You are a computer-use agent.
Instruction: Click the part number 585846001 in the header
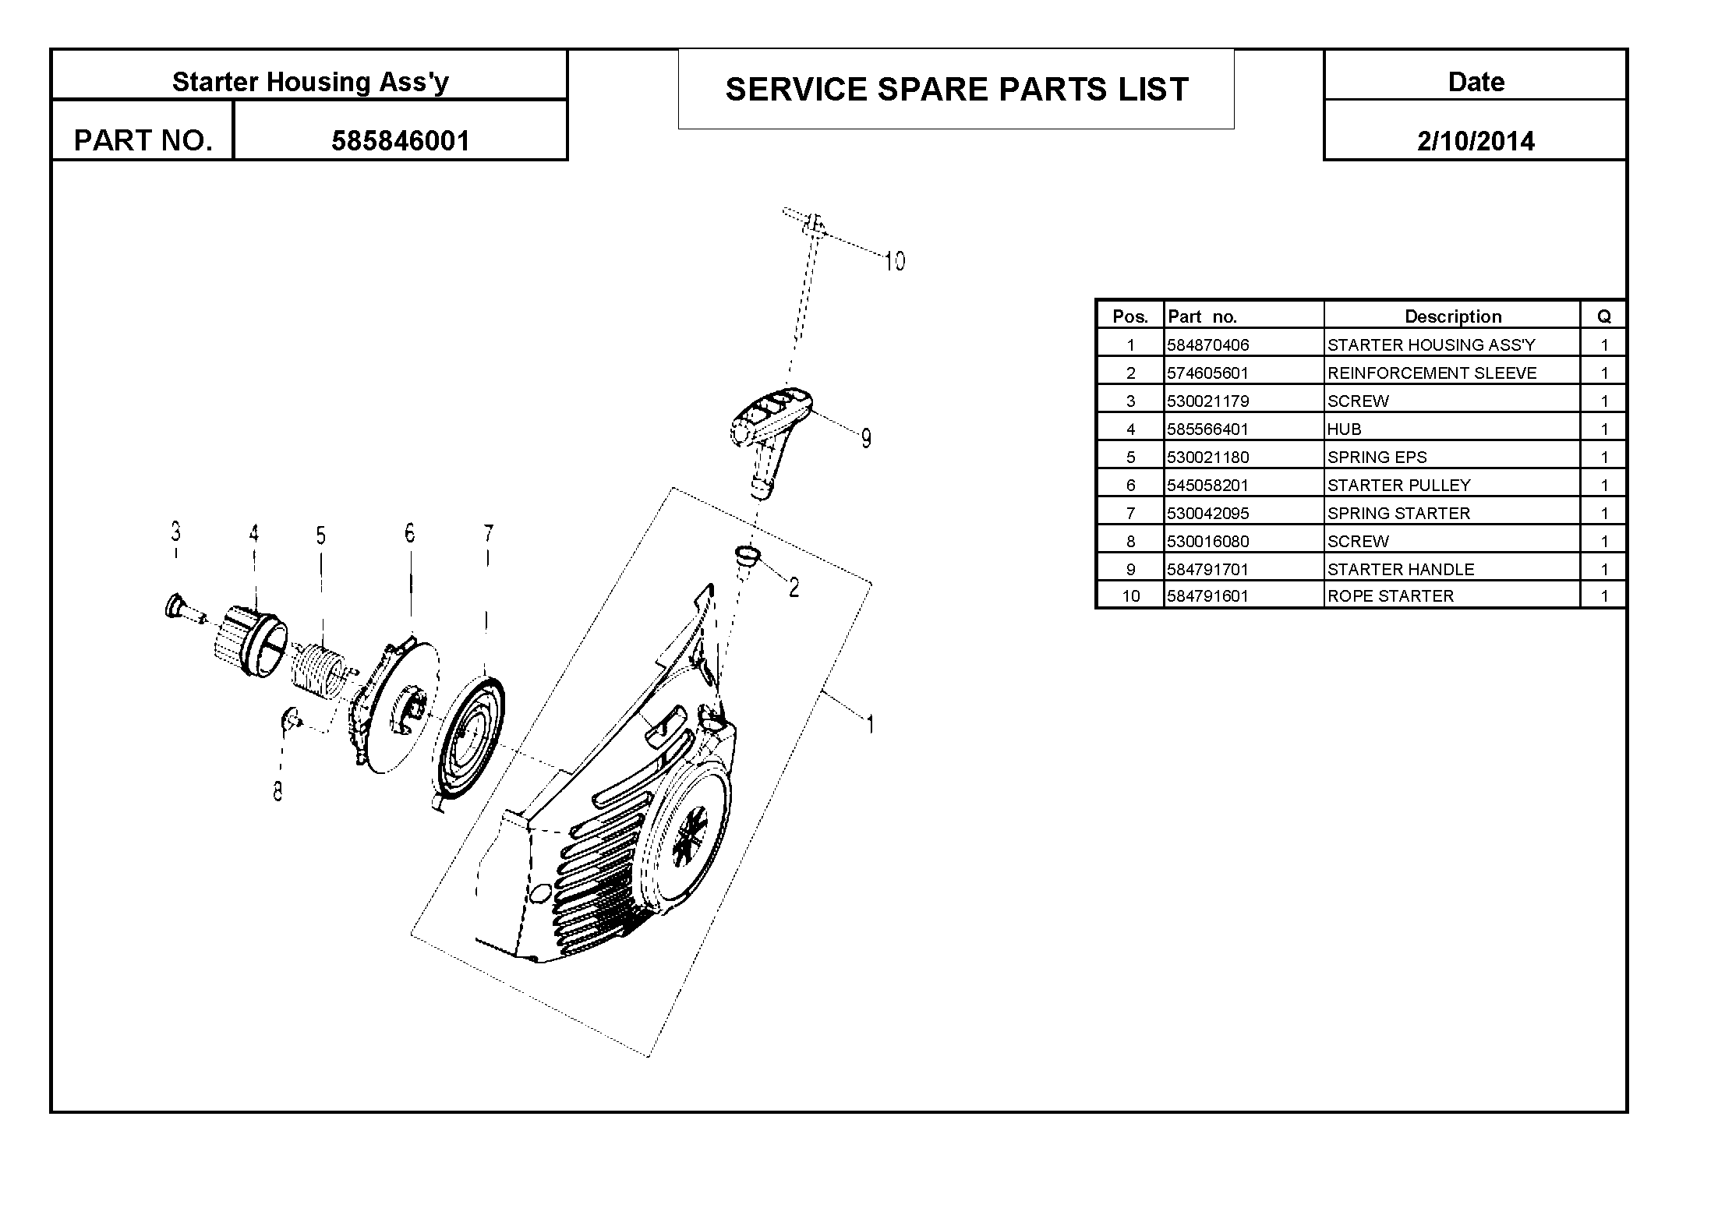pos(401,141)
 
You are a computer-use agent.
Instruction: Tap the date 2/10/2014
pos(1476,141)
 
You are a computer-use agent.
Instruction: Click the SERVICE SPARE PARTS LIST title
pos(956,90)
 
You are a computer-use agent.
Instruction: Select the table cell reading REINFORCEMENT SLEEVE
pos(1432,373)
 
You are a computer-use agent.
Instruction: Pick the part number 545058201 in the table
pos(1207,486)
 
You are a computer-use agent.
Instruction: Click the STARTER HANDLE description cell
pos(1401,570)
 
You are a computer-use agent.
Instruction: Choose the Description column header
pos(1453,316)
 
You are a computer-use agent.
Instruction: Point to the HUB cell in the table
pos(1344,429)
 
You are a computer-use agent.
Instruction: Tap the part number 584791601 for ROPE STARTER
pos(1207,596)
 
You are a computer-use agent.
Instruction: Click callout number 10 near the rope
pos(895,261)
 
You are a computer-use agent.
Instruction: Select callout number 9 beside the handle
pos(866,439)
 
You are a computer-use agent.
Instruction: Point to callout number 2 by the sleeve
pos(794,588)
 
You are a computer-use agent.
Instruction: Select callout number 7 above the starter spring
pos(488,534)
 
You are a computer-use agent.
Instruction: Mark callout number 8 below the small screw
pos(277,791)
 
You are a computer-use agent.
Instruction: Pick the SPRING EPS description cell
pos(1377,458)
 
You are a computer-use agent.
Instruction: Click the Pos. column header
pos(1130,316)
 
